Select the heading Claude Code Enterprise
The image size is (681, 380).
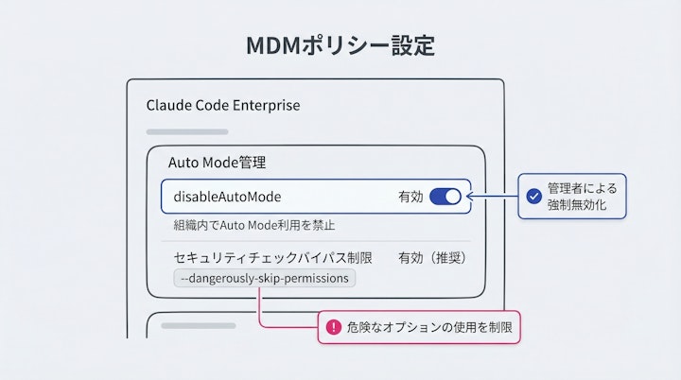223,105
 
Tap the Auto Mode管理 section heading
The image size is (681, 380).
217,162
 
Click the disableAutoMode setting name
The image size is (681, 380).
227,197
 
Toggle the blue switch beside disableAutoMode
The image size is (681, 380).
445,197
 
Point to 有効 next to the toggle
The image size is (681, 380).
410,197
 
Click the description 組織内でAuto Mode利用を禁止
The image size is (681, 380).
253,225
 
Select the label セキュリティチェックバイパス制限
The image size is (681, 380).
272,257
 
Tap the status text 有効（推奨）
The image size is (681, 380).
433,257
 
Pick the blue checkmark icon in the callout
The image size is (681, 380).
533,197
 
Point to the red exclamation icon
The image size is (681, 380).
333,327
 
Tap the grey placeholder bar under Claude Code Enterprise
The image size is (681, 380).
186,131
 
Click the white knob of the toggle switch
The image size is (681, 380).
453,197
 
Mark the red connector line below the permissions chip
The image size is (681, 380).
259,307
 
